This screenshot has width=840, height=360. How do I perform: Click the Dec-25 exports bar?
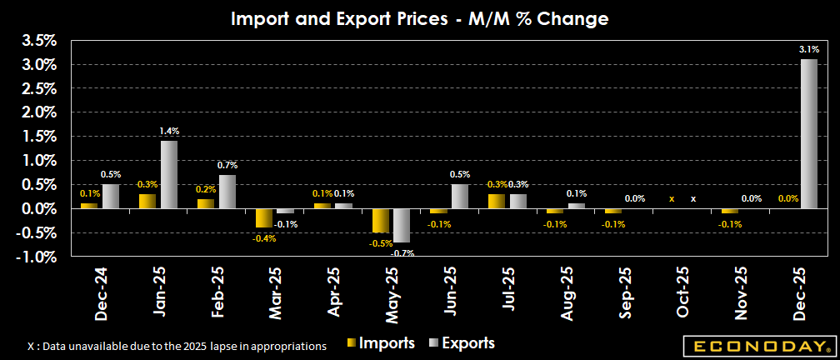tap(809, 133)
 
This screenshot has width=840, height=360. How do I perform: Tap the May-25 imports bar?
tap(380, 220)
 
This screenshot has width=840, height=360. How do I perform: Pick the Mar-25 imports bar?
tap(263, 217)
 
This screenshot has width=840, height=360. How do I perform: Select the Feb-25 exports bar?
tap(227, 192)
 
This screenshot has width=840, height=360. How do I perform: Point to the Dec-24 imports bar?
tap(89, 205)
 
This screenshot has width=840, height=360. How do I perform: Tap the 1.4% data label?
tap(170, 131)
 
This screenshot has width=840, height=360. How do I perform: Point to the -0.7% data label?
tap(402, 252)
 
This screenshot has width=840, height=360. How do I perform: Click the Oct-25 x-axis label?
tap(682, 293)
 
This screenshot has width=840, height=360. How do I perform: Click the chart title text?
tap(419, 17)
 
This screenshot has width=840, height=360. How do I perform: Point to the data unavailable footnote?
tap(177, 344)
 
